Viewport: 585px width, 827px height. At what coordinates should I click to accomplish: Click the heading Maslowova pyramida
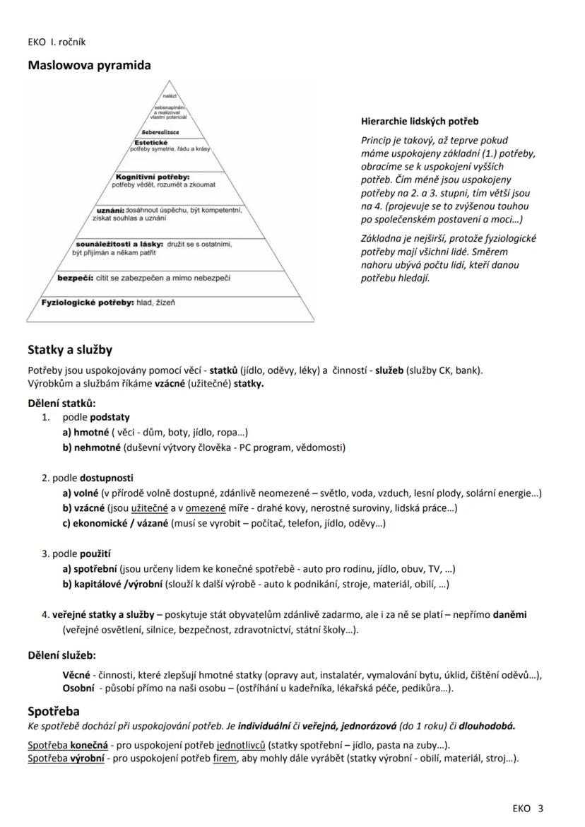point(89,66)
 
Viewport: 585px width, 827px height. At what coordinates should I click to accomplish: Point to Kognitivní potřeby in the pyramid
point(158,176)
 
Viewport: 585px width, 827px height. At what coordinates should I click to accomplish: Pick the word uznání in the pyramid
point(110,210)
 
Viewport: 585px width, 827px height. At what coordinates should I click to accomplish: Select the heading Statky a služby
point(70,350)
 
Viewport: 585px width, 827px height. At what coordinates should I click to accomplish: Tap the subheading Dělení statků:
point(61,404)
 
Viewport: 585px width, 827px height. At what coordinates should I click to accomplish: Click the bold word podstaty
point(110,417)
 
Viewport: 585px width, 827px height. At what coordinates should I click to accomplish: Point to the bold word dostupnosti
point(107,478)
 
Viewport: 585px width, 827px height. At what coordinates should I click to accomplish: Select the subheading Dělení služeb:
point(61,655)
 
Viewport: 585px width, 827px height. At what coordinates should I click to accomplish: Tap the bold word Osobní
point(78,688)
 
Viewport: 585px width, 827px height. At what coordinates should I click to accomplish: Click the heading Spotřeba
point(54,711)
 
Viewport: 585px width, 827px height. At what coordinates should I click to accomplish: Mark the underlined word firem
point(224,758)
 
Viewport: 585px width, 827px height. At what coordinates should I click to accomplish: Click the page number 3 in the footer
point(540,809)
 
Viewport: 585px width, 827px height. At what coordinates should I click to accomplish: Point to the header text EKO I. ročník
point(57,42)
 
